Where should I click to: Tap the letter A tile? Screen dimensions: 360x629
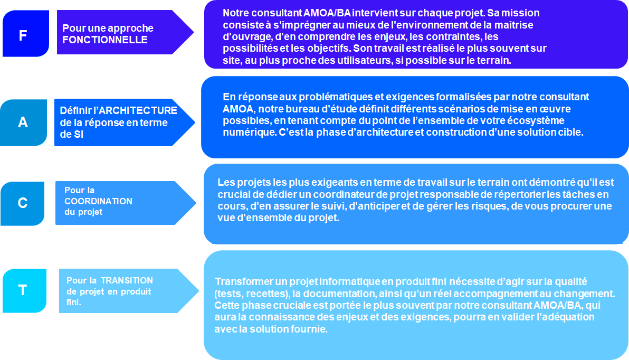[x=23, y=122]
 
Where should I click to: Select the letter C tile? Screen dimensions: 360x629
[x=23, y=203]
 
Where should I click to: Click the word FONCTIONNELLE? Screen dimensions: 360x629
[x=105, y=40]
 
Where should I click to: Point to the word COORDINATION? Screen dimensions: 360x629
[x=98, y=201]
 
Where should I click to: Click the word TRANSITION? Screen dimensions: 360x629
[x=127, y=280]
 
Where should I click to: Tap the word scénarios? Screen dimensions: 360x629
[x=436, y=109]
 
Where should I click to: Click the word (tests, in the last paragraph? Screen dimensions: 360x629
[x=230, y=293]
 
